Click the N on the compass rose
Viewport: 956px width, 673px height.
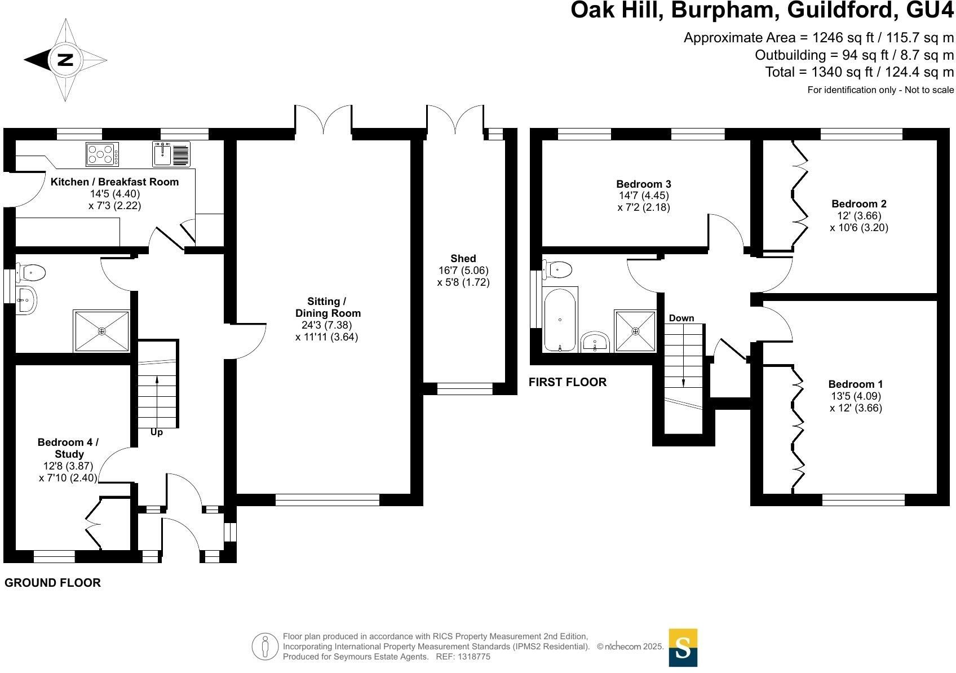(65, 59)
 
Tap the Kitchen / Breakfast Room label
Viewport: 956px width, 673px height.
(114, 182)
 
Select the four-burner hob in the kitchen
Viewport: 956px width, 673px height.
(103, 154)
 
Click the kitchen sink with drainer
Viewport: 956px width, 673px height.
(171, 154)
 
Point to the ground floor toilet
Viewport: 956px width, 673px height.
(30, 272)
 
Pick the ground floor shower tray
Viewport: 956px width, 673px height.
(101, 331)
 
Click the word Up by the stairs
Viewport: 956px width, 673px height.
(157, 432)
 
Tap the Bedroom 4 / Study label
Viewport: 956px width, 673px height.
(68, 448)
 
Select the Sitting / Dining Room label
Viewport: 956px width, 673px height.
(327, 307)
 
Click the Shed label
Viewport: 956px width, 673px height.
(463, 259)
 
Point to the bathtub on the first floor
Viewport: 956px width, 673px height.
(560, 320)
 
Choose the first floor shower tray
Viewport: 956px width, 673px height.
(635, 331)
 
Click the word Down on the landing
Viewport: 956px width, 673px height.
(681, 318)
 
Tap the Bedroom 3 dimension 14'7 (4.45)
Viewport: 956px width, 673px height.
(644, 196)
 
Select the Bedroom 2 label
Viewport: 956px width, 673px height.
(859, 203)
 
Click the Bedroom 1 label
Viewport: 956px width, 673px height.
(856, 384)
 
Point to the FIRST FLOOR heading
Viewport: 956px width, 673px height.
(568, 382)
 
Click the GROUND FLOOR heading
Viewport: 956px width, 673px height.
(52, 582)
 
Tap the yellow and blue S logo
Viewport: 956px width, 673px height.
(683, 648)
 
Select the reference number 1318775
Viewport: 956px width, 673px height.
(473, 657)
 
